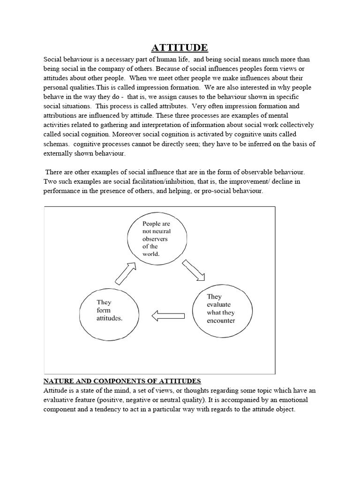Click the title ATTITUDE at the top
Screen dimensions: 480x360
pyautogui.click(x=180, y=47)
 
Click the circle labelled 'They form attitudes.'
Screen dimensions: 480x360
pyautogui.click(x=110, y=310)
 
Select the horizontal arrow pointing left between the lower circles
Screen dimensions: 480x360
pyautogui.click(x=168, y=316)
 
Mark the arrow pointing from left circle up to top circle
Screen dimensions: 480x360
pyautogui.click(x=126, y=273)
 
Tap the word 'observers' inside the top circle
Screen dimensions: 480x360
pyautogui.click(x=155, y=239)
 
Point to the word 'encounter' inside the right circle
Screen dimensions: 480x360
pyautogui.click(x=220, y=321)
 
